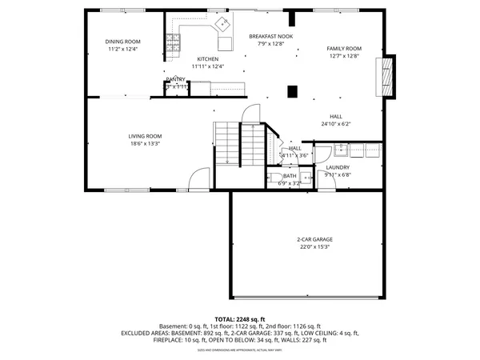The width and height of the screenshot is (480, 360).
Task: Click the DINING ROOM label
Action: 122,42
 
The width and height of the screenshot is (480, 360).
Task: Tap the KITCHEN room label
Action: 208,59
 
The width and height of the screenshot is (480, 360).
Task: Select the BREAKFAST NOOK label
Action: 270,37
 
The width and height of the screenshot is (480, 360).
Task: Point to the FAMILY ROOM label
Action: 343,48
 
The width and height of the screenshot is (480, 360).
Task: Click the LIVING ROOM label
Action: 145,136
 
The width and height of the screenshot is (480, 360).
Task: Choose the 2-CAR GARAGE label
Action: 314,239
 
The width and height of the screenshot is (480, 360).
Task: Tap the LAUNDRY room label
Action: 337,167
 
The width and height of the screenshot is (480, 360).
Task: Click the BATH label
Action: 289,175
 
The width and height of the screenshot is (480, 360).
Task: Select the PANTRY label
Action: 176,79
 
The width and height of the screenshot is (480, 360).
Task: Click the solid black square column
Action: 293,91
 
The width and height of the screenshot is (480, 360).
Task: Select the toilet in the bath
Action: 274,178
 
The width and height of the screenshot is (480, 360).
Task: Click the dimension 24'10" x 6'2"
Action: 336,124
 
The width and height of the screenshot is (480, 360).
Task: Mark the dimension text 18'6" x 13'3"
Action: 145,144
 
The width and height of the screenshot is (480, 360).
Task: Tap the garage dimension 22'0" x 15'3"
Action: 314,247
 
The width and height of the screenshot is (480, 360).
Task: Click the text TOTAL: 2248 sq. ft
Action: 240,318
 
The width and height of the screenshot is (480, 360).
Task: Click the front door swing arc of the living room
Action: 199,177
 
